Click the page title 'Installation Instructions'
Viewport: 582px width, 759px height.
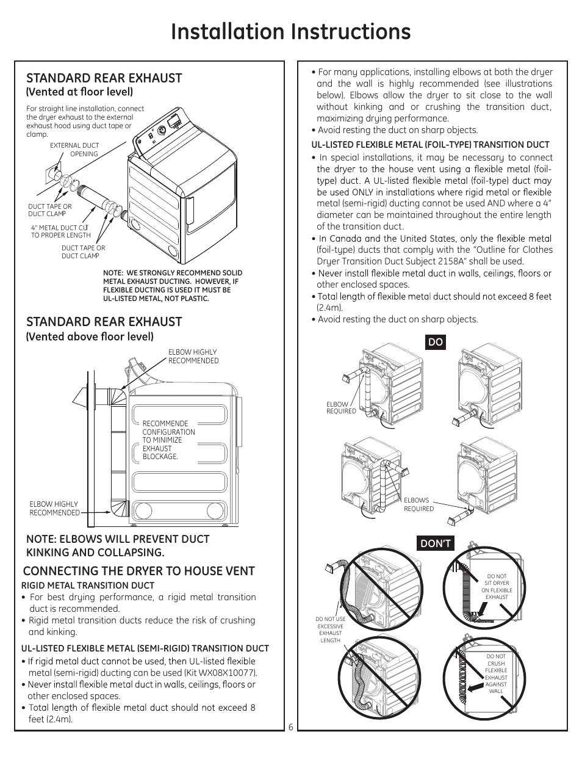click(x=291, y=31)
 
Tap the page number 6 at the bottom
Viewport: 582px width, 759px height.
click(x=291, y=727)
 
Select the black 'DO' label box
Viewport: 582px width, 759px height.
click(x=436, y=343)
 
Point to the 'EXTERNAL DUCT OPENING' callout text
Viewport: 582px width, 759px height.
click(x=74, y=150)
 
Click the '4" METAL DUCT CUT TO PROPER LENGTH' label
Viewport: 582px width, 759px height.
click(x=61, y=231)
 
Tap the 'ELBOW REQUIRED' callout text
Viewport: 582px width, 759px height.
click(x=341, y=407)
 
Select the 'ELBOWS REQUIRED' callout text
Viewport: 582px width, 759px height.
click(x=419, y=504)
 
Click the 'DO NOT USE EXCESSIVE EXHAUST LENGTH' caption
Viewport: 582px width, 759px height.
click(x=331, y=630)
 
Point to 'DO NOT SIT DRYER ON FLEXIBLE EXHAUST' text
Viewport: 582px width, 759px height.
click(x=497, y=586)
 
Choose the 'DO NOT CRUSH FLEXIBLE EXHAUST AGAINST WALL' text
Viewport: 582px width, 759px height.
click(x=496, y=674)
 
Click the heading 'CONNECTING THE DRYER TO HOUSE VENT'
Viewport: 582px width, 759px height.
click(x=138, y=571)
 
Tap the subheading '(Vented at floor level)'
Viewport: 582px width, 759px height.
click(x=79, y=92)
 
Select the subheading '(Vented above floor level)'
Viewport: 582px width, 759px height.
click(x=90, y=336)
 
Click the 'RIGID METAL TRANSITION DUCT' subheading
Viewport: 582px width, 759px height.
click(x=88, y=586)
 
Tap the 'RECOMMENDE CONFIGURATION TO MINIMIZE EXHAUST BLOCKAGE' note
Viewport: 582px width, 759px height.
click(x=168, y=440)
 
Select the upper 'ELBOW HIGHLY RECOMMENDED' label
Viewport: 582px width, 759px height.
click(x=193, y=357)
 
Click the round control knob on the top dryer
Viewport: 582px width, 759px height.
click(x=162, y=130)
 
